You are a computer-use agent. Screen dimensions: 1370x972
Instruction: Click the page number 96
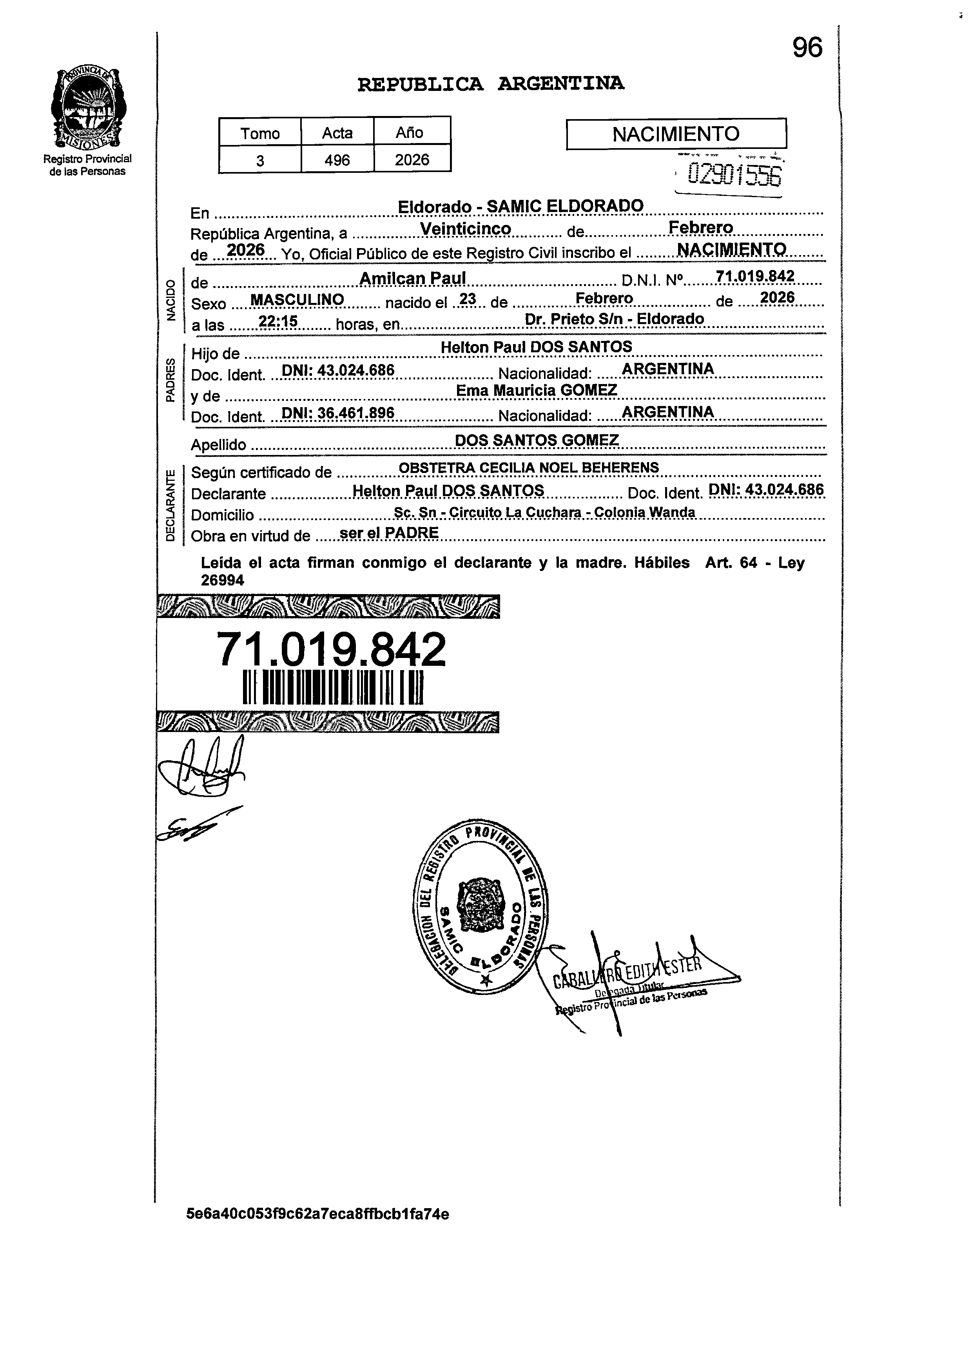[807, 48]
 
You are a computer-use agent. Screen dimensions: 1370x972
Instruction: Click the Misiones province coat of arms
[87, 108]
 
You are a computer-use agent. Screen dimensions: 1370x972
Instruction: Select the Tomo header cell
[260, 133]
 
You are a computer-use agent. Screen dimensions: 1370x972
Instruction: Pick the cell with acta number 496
[337, 160]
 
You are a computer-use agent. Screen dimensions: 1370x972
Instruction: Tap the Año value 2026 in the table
[412, 160]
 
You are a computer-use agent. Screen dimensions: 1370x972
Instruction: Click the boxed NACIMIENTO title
[676, 134]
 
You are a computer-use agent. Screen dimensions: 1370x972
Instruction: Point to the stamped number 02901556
[734, 175]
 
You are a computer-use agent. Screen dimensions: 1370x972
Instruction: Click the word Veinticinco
[466, 229]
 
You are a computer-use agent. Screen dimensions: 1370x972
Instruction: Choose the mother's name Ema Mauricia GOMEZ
[536, 390]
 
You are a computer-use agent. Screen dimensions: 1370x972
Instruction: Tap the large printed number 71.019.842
[331, 650]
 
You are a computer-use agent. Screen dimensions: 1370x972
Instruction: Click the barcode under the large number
[333, 688]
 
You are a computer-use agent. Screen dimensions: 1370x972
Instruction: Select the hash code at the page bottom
[318, 1214]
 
